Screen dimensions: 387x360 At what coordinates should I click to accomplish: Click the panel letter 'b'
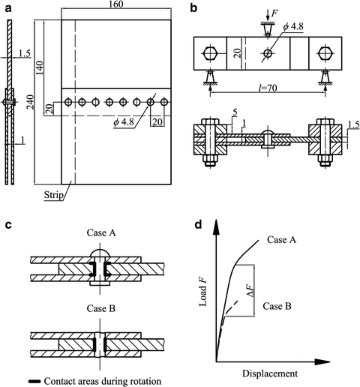193,8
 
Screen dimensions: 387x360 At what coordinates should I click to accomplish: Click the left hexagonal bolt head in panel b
210,53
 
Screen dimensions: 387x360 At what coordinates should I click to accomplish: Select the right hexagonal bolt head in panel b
324,53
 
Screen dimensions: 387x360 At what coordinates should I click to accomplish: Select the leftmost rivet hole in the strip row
68,101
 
